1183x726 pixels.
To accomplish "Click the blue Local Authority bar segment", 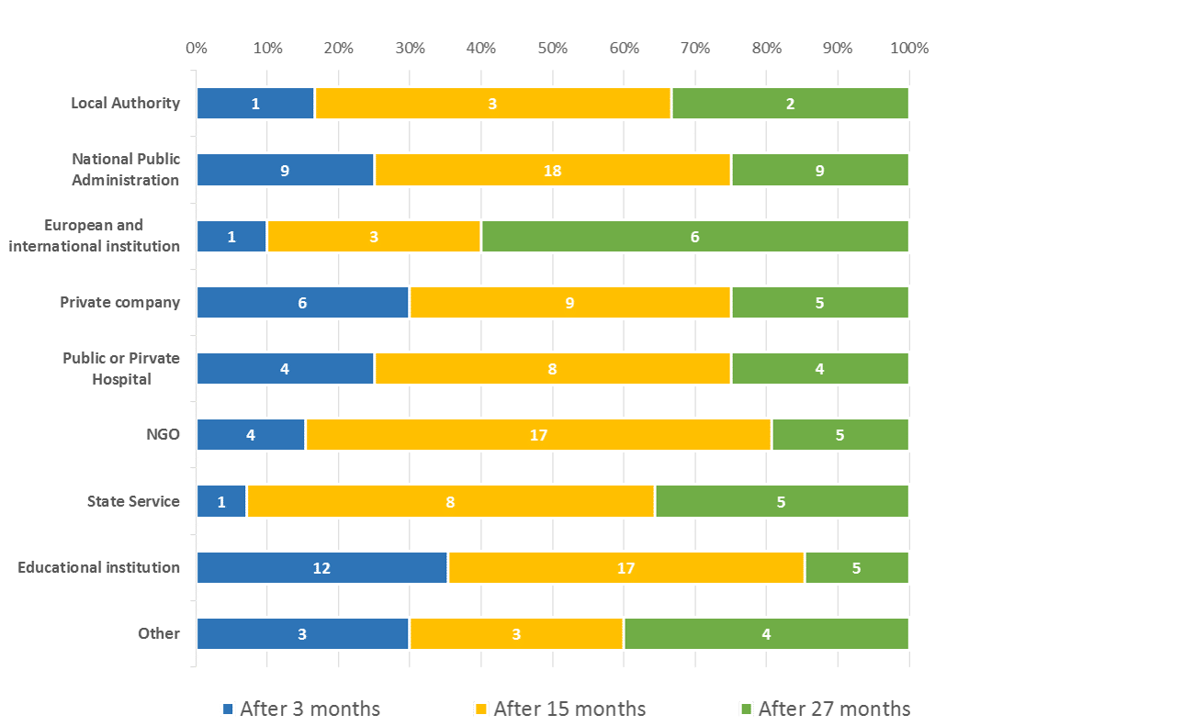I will [x=255, y=104].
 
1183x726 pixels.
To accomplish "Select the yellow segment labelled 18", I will [x=552, y=170].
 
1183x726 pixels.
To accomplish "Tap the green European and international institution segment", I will [x=694, y=237].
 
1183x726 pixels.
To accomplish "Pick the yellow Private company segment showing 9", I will [x=569, y=303].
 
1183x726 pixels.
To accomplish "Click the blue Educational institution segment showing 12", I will [x=321, y=568].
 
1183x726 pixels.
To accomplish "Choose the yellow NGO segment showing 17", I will [x=538, y=435].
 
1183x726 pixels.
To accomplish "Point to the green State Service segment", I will [x=781, y=502].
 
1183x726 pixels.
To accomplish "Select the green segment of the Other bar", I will [x=766, y=634].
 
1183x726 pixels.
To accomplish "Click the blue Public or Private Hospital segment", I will [x=285, y=369].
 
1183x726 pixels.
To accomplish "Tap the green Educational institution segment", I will [x=856, y=568].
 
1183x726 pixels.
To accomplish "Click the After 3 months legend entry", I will [x=300, y=709].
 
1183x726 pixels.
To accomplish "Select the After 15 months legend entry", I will [x=559, y=709].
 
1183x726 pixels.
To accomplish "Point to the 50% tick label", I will [x=552, y=49].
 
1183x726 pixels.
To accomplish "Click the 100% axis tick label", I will [x=908, y=49].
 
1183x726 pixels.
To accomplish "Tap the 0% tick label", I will [x=197, y=49].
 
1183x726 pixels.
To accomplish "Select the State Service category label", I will [x=134, y=502].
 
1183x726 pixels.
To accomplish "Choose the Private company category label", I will [x=120, y=303].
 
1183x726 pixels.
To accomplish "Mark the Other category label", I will [x=159, y=634].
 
